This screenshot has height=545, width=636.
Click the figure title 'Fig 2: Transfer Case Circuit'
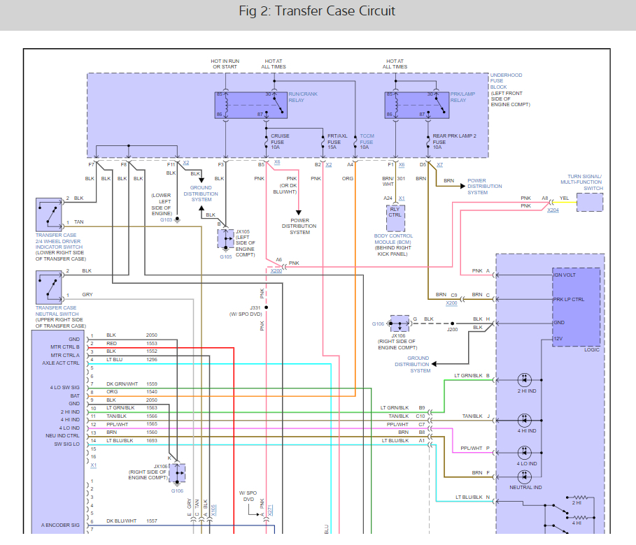point(317,11)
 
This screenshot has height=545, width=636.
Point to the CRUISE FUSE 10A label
point(281,142)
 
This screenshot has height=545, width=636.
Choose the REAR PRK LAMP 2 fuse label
point(454,142)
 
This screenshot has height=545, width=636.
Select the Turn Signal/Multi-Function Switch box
point(590,203)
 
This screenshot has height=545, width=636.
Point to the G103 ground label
point(166,220)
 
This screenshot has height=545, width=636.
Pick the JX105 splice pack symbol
point(226,239)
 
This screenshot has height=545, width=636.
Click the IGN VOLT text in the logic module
point(564,275)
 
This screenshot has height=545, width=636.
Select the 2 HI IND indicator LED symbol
point(525,379)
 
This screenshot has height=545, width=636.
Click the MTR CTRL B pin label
point(65,346)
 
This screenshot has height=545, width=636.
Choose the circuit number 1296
point(152,359)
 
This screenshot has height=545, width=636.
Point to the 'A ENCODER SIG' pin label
point(60,524)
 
